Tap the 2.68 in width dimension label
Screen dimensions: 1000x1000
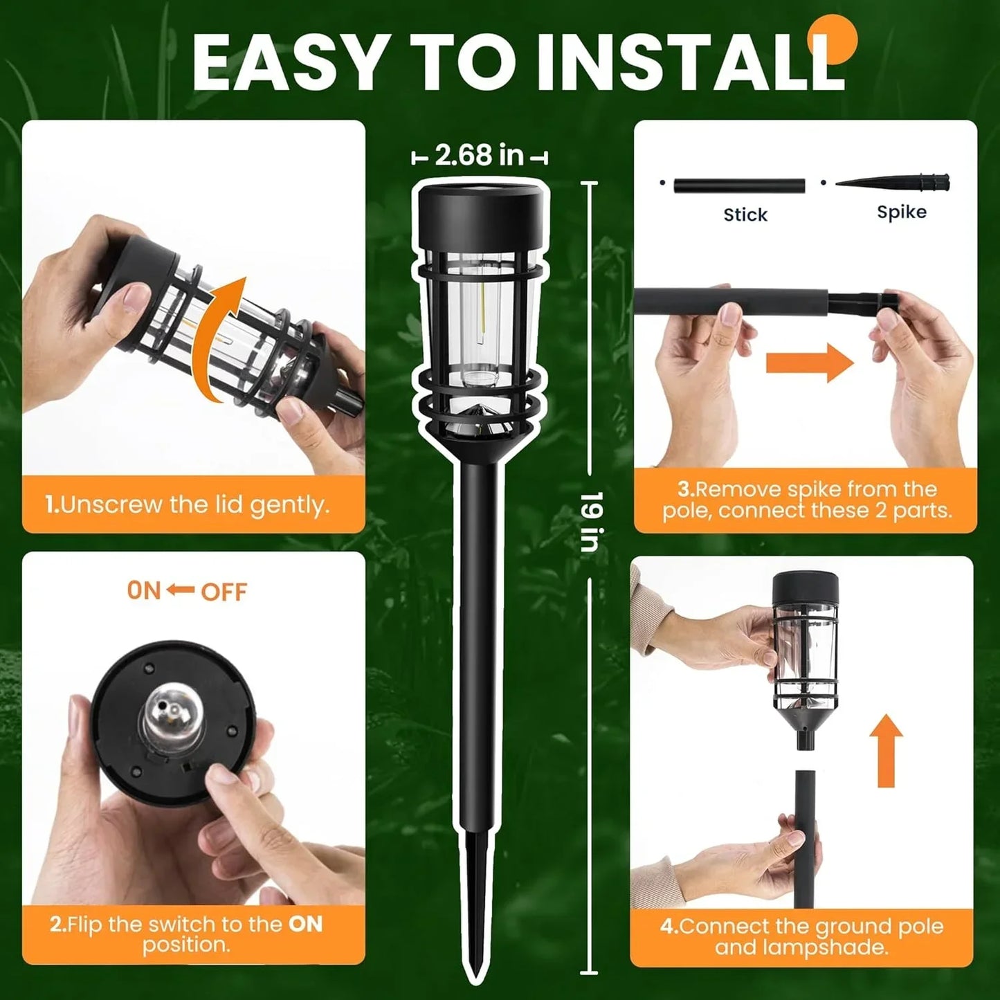479,156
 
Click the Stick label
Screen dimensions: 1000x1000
745,215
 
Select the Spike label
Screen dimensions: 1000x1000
901,212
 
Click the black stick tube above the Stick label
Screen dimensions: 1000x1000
739,185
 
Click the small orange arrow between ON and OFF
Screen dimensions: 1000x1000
181,590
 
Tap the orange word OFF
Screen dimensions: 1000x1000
224,592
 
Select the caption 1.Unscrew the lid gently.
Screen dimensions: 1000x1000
187,505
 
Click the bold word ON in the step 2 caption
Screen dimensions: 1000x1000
305,925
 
